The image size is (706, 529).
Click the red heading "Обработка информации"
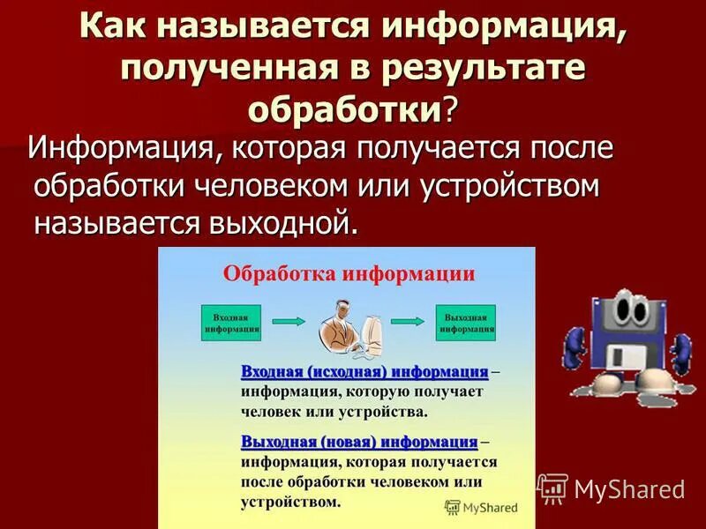[349, 273]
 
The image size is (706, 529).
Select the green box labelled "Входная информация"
[232, 324]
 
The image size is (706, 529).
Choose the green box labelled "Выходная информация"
[467, 324]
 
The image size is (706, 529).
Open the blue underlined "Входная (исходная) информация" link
[364, 372]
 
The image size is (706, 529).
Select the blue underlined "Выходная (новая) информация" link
[359, 441]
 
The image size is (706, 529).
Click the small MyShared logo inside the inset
[481, 507]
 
